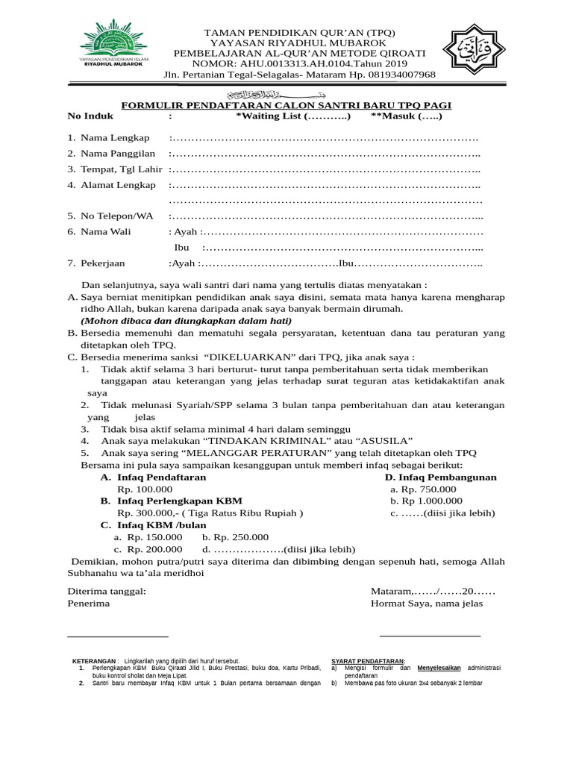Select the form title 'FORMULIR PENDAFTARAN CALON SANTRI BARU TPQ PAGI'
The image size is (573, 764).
tap(286, 106)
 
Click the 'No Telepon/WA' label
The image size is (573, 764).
tap(116, 216)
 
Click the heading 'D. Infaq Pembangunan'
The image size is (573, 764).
tap(440, 477)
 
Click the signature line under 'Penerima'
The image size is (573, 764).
tap(118, 636)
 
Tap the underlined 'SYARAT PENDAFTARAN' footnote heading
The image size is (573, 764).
tap(368, 661)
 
